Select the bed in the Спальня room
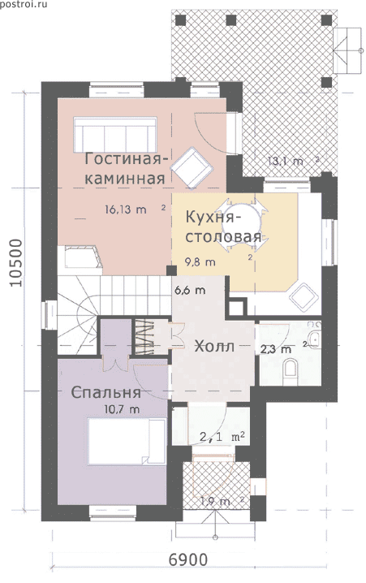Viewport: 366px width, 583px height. pyautogui.click(x=127, y=441)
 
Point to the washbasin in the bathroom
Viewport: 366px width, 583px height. pyautogui.click(x=315, y=339)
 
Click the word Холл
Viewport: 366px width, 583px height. pyautogui.click(x=214, y=347)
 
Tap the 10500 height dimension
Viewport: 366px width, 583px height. pyautogui.click(x=16, y=262)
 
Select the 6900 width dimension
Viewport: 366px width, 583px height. pyautogui.click(x=188, y=559)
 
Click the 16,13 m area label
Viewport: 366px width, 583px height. pyautogui.click(x=126, y=209)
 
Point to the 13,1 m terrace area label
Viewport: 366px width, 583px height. pyautogui.click(x=286, y=162)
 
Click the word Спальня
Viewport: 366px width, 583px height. pyautogui.click(x=105, y=393)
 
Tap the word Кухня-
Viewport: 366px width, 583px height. pyautogui.click(x=213, y=217)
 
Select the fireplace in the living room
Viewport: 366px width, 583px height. pyautogui.click(x=84, y=257)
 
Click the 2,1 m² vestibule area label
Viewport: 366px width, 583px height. pyautogui.click(x=222, y=437)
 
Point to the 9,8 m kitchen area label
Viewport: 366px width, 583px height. pyautogui.click(x=200, y=261)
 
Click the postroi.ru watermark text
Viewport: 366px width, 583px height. pyautogui.click(x=24, y=5)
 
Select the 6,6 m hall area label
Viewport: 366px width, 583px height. pyautogui.click(x=190, y=290)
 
